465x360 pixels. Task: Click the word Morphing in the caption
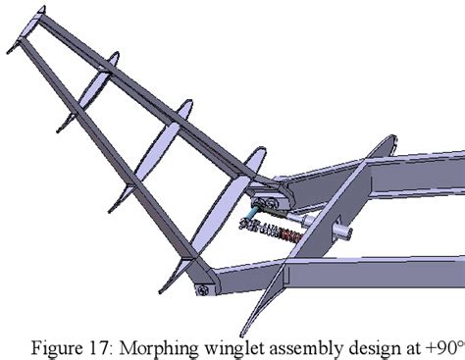point(147,343)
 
